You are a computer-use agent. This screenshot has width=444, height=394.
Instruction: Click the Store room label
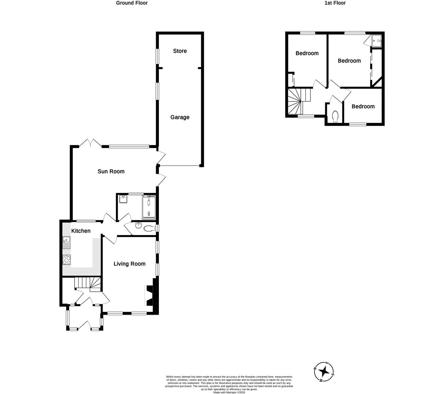coord(180,51)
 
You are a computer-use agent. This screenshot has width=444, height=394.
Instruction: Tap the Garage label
coord(180,117)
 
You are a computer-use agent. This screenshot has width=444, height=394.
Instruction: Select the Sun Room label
coord(111,171)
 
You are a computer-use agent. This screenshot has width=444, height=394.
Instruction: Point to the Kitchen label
coord(81,231)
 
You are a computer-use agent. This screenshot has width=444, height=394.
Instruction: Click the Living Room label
coord(129,264)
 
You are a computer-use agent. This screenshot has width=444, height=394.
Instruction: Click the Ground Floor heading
coord(132,3)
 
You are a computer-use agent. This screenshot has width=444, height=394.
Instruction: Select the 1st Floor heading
coord(335,3)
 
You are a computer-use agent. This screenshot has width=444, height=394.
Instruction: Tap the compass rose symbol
coord(324,372)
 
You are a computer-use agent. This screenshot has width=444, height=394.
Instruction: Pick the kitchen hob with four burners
coord(67,260)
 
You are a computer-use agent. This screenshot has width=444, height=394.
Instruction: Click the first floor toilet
coord(335,116)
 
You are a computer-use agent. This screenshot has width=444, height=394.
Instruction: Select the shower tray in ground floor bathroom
coord(149,206)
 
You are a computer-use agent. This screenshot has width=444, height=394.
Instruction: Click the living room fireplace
coord(150,295)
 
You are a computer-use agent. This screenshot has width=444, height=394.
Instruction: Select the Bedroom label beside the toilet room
coord(363,107)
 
